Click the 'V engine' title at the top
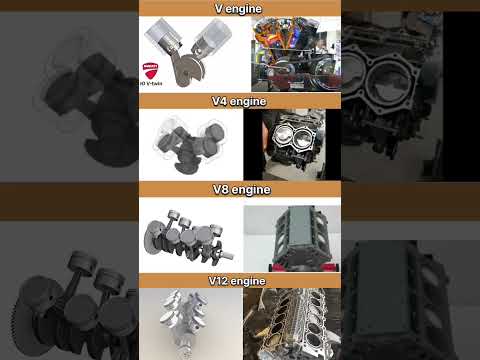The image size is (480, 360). coord(240,8)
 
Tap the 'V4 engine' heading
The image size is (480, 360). coord(240,101)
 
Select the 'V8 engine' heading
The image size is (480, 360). coord(240,190)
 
